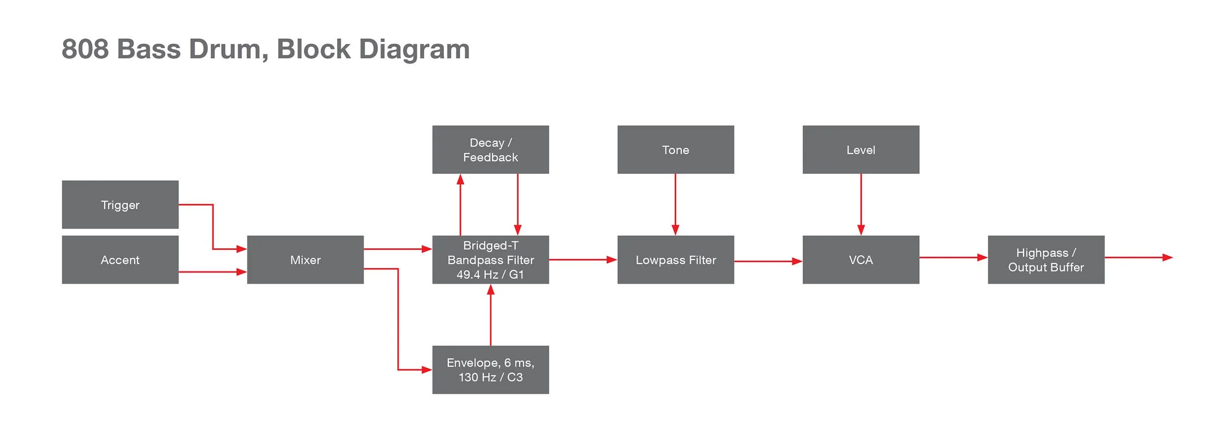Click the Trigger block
tap(120, 205)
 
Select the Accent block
tap(120, 260)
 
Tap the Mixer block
tap(305, 260)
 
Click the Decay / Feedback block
tap(490, 149)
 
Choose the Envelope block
tap(490, 370)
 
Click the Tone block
tap(675, 149)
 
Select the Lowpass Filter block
tap(675, 260)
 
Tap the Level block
tap(861, 149)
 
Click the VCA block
tap(861, 260)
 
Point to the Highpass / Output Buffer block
tap(1046, 260)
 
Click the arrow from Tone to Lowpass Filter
tap(675, 204)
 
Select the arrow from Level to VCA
tap(861, 204)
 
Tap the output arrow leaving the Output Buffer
tap(1138, 257)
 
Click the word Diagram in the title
tap(414, 49)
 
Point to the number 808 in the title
tap(85, 49)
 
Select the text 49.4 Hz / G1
tap(490, 275)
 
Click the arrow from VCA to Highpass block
tap(953, 257)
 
